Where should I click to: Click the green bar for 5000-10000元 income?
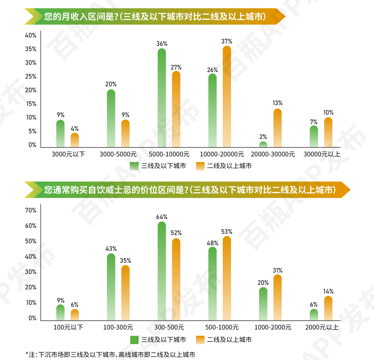pos(162,98)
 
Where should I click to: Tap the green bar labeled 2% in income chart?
pos(263,144)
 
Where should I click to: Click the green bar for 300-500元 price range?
pos(162,271)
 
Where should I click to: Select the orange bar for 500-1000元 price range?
pos(227,278)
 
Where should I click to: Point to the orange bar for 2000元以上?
pos(328,308)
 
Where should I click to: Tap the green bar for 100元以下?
pos(60,312)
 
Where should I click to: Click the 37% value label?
pos(227,41)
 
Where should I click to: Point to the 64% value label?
pos(162,217)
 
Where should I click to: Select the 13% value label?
pos(277,103)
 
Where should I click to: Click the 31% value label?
pos(277,270)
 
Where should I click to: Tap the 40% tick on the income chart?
pos(31,35)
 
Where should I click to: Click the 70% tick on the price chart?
pos(31,211)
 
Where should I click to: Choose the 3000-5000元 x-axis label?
pos(118,154)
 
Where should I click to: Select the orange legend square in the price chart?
pos(201,339)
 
